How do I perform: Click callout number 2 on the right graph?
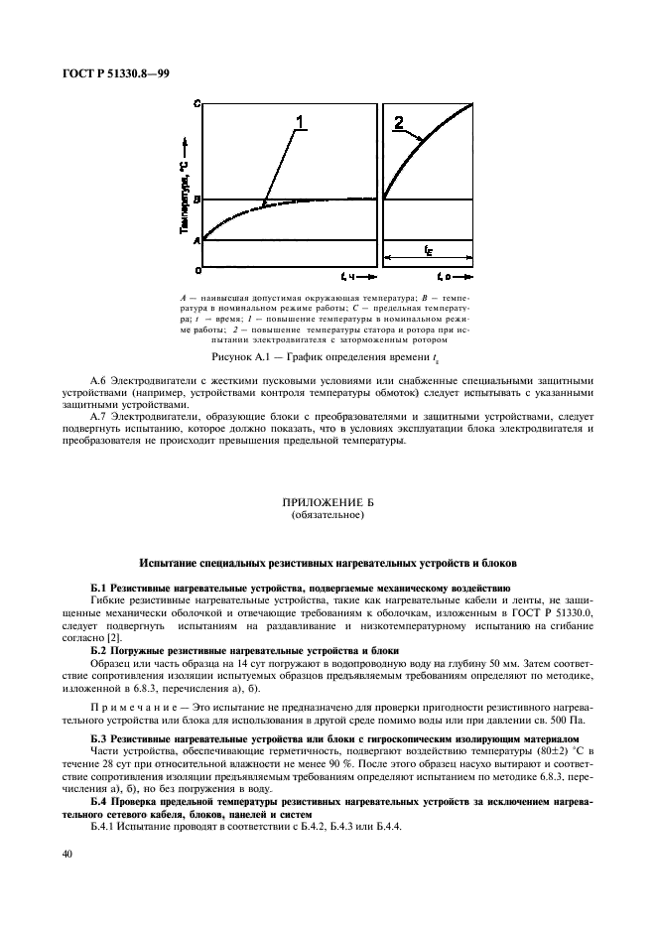[x=398, y=123]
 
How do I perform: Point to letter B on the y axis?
[x=197, y=199]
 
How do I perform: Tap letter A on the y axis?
[x=197, y=240]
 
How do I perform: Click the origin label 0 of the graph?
[x=197, y=269]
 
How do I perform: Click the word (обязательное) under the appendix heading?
[x=328, y=516]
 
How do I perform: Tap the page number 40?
[x=67, y=854]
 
